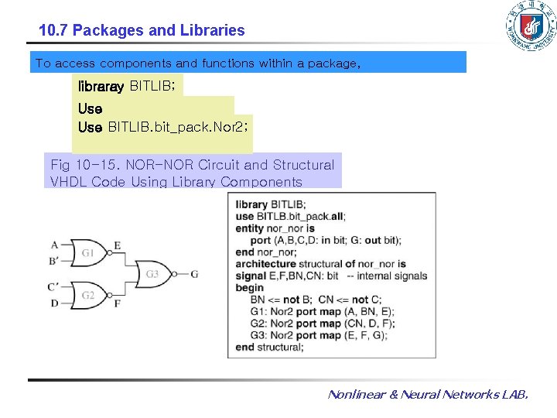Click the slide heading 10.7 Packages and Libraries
point(142,31)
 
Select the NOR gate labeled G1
point(89,252)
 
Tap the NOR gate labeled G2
point(89,295)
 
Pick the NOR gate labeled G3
point(155,273)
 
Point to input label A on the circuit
point(54,245)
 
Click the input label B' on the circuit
point(54,261)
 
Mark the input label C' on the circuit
point(54,286)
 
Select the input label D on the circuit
point(54,303)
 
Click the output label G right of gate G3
point(194,273)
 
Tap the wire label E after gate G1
point(117,245)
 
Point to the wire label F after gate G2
point(117,303)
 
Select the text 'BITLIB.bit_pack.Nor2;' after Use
point(179,126)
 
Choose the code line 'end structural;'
point(270,347)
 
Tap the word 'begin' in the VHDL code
point(250,287)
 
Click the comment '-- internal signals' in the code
point(387,276)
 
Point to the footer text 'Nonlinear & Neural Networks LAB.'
point(428,395)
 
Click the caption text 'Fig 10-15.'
point(82,165)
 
